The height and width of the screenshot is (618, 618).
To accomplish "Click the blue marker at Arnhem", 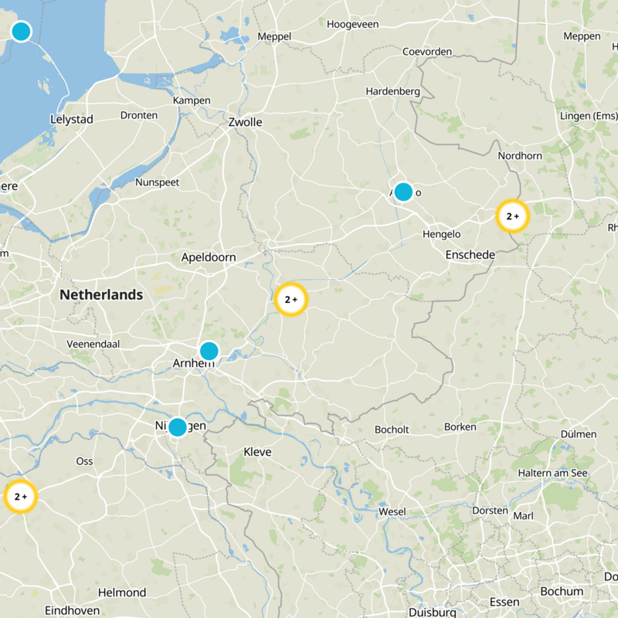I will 209,351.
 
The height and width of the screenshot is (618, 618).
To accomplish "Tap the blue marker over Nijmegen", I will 178,427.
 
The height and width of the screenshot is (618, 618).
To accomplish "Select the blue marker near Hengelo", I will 403,192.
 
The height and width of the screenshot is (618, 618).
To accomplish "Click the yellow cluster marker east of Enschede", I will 512,216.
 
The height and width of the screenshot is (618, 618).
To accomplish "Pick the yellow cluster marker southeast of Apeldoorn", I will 290,299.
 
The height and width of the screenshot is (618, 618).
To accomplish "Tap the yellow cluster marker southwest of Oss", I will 20,496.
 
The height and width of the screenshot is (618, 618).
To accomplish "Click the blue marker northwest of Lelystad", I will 21,32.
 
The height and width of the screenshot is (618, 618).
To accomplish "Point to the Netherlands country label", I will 101,294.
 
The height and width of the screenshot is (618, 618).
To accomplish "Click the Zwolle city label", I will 245,122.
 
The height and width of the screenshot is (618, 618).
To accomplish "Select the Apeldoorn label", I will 209,257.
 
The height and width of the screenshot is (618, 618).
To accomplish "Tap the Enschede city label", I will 470,255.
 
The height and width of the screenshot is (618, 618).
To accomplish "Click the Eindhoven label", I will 72,610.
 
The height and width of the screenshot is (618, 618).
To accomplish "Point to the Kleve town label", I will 257,452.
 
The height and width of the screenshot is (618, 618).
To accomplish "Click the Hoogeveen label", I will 352,25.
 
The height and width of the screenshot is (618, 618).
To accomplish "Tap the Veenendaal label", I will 93,344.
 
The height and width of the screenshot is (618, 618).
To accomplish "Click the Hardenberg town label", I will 392,91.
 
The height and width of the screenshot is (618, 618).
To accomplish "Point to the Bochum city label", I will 562,592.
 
